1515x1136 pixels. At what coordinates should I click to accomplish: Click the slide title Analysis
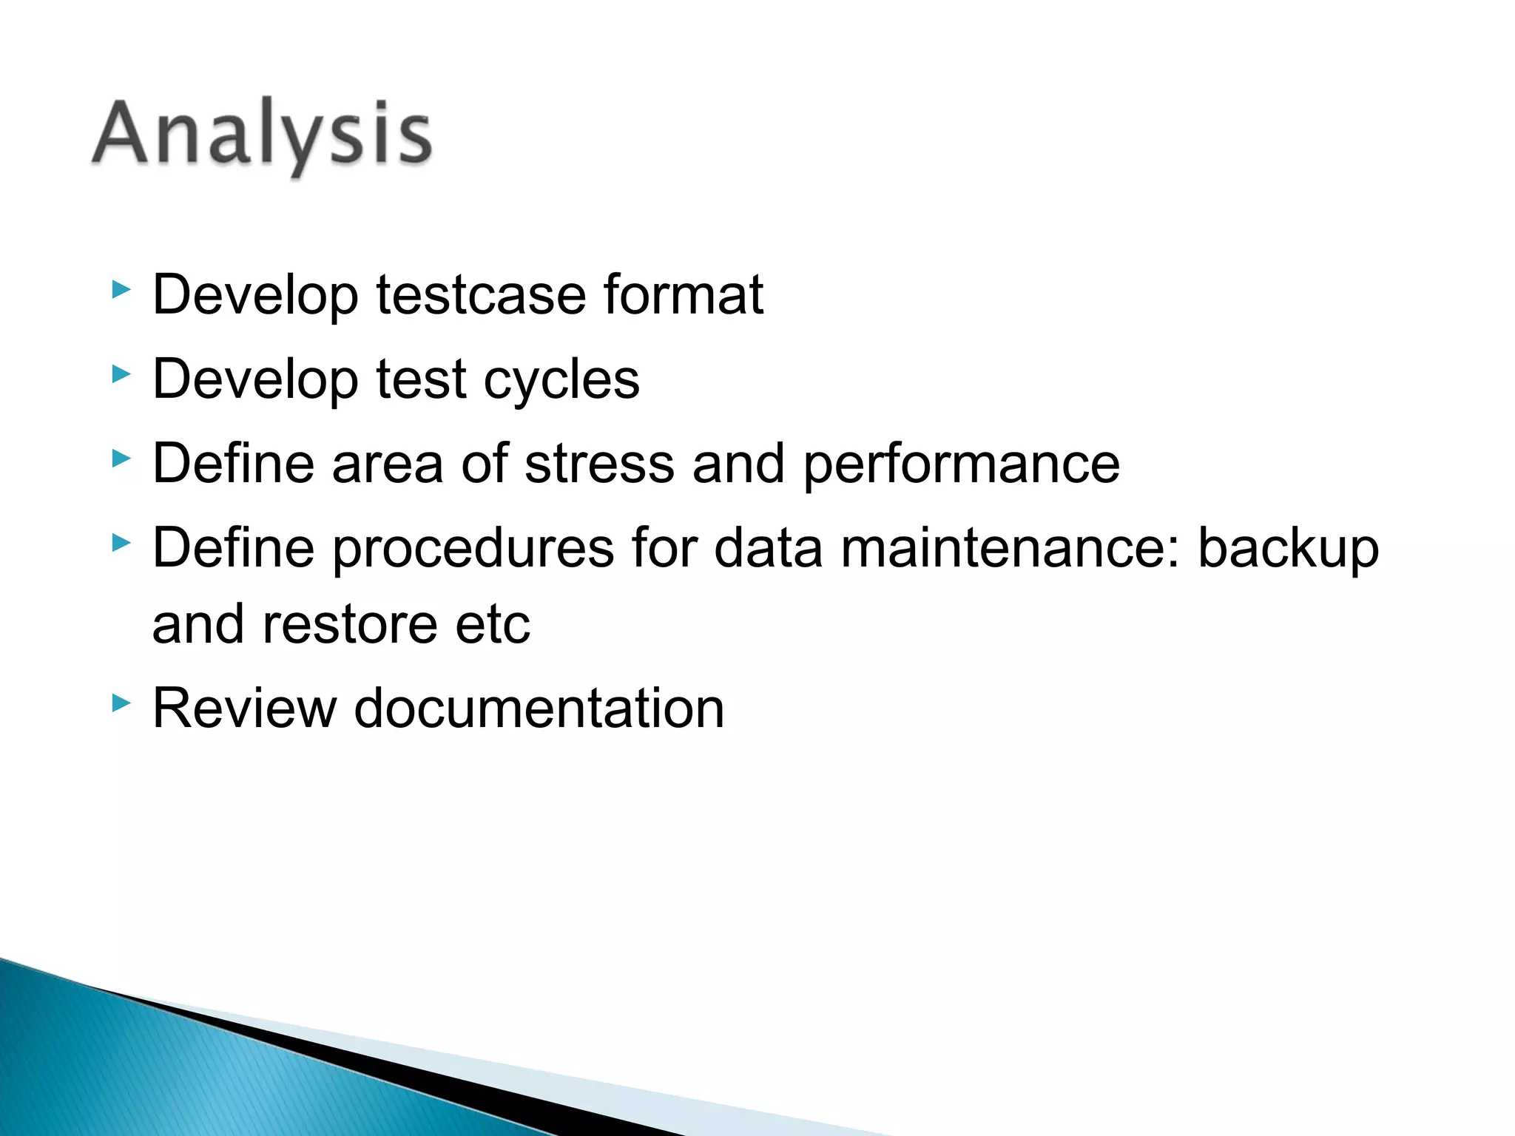coord(263,135)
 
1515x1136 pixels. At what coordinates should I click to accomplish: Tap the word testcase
coord(481,295)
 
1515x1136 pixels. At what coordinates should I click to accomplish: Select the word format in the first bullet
coord(683,295)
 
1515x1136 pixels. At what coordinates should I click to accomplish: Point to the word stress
coord(599,464)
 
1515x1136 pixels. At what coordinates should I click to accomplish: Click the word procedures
coord(473,549)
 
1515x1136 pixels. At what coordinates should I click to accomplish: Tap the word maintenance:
coord(1010,549)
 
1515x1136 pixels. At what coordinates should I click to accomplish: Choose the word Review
coord(244,709)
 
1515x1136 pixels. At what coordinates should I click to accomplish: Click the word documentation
coord(539,709)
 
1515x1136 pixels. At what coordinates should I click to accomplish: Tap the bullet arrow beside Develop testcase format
coord(121,290)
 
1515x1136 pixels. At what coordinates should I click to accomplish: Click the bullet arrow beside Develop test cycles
coord(121,374)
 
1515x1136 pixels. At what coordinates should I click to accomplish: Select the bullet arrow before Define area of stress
coord(121,459)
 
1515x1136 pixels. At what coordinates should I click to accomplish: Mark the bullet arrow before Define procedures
coord(121,544)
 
